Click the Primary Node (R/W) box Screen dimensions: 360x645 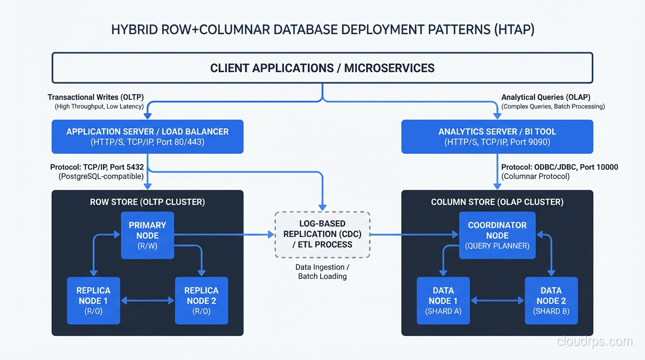(x=147, y=235)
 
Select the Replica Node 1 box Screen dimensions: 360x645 (x=93, y=300)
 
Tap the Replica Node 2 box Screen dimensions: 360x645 (x=201, y=300)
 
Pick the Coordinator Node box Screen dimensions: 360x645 (x=497, y=235)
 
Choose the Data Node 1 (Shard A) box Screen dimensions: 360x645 (x=443, y=300)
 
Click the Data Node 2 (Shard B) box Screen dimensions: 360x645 (x=551, y=300)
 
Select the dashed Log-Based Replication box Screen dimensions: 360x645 (x=322, y=234)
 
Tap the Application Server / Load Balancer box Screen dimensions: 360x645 (x=147, y=136)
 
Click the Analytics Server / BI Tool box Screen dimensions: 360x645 (x=497, y=136)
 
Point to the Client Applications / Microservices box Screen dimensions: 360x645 (x=322, y=68)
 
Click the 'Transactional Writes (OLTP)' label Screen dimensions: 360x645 (x=96, y=97)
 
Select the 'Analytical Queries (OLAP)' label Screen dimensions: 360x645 (x=546, y=97)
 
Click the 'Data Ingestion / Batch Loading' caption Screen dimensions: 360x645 (x=322, y=272)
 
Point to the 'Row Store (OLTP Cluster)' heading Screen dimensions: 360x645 (x=147, y=202)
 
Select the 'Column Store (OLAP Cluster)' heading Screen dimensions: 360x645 (x=497, y=202)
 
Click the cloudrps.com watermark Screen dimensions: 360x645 (x=594, y=342)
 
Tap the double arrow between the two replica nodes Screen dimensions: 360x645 (x=147, y=300)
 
